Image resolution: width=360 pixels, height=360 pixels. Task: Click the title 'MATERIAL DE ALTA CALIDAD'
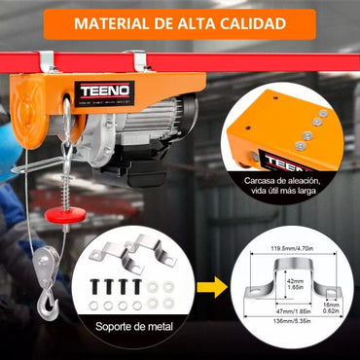click(179, 22)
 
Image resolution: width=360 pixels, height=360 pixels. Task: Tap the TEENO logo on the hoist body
click(104, 93)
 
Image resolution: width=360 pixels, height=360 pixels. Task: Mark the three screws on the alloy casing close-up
click(313, 123)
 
